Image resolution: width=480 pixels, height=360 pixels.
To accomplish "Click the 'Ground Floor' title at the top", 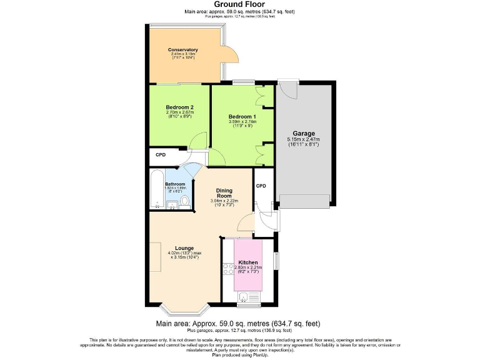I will pyautogui.click(x=240, y=5).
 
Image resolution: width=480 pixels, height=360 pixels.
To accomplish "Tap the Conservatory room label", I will pyautogui.click(x=183, y=49).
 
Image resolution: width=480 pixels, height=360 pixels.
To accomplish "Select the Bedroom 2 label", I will pyautogui.click(x=179, y=107).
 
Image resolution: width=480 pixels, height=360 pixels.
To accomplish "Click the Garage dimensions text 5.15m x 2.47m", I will pyautogui.click(x=303, y=139).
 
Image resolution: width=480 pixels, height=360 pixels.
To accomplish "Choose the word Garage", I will pyautogui.click(x=303, y=133).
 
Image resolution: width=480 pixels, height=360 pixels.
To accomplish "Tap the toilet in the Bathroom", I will pyautogui.click(x=184, y=201).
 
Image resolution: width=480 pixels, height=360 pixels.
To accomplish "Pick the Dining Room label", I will pyautogui.click(x=224, y=192).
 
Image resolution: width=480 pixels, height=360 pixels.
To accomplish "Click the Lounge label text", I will pyautogui.click(x=184, y=247).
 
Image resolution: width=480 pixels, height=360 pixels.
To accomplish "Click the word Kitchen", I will pyautogui.click(x=247, y=262).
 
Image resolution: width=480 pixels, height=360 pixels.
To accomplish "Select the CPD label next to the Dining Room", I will pyautogui.click(x=261, y=186).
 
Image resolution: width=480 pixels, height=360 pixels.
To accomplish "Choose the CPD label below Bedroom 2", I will pyautogui.click(x=161, y=155).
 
